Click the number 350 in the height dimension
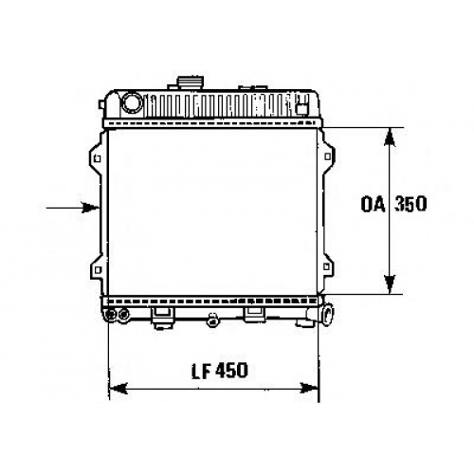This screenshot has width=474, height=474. pos(410,204)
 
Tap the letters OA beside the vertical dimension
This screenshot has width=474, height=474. pos(374,204)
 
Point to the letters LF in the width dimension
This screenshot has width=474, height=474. pos(201,371)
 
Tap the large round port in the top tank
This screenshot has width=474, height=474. pos(132,101)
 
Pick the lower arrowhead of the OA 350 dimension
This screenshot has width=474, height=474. pos(390,284)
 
